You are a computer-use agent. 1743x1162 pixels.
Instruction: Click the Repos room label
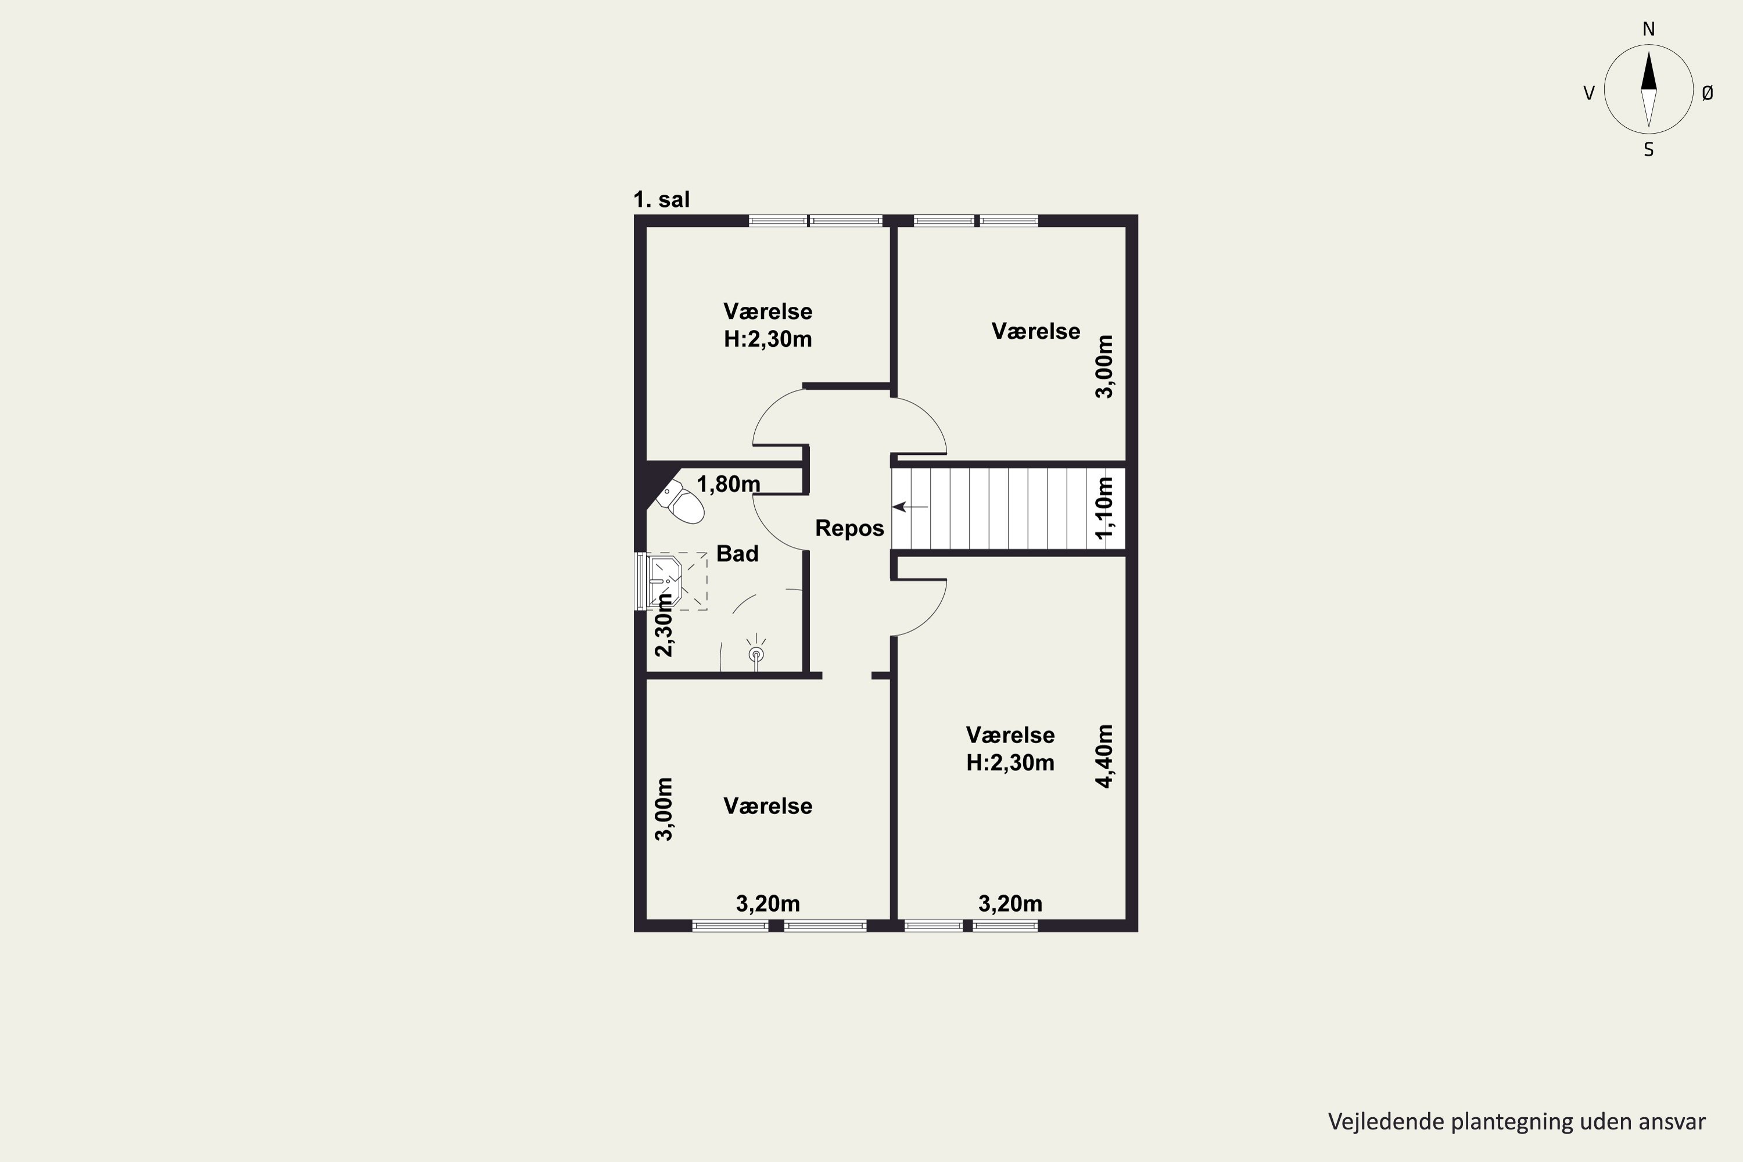849,528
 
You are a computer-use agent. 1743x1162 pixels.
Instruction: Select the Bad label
737,554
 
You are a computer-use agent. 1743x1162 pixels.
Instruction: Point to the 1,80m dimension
729,485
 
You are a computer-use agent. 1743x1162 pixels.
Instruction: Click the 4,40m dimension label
1104,756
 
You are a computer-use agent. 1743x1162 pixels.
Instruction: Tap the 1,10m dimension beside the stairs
1104,508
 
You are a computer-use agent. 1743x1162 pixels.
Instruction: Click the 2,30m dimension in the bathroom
664,625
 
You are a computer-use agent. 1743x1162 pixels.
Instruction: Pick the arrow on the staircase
910,507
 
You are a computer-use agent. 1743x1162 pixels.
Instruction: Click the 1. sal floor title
661,199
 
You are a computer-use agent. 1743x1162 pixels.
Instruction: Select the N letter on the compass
1649,29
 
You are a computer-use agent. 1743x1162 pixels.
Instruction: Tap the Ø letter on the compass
1708,92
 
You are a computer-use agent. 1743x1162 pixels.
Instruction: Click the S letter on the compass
1649,150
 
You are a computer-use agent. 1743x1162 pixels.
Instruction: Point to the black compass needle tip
1649,51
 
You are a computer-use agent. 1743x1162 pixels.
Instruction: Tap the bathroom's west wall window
640,582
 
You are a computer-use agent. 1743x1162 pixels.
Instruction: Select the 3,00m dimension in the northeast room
1104,367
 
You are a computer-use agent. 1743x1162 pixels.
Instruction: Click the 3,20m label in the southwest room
768,903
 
